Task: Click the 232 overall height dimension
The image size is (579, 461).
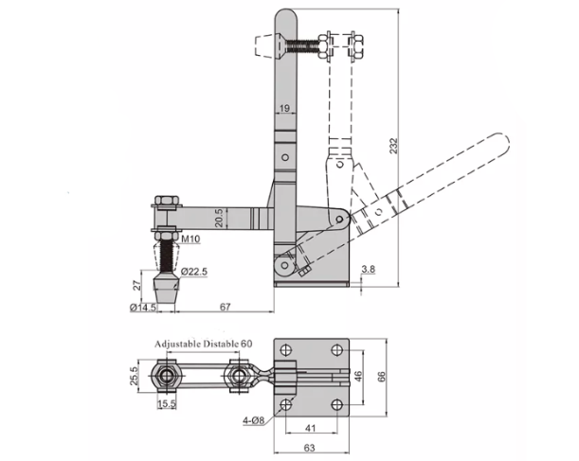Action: [x=394, y=146]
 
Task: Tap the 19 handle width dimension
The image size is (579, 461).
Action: [x=284, y=109]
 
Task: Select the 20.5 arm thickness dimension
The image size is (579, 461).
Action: [x=219, y=218]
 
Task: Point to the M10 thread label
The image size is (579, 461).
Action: [x=190, y=239]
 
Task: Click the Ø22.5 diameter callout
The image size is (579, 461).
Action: [x=194, y=272]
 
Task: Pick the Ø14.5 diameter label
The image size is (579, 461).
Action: [x=143, y=308]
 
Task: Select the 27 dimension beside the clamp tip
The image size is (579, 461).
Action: [x=137, y=285]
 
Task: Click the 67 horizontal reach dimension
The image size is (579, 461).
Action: [x=225, y=307]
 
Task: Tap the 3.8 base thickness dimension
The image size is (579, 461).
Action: [x=368, y=269]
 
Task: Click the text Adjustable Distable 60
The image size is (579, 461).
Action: [x=203, y=344]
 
